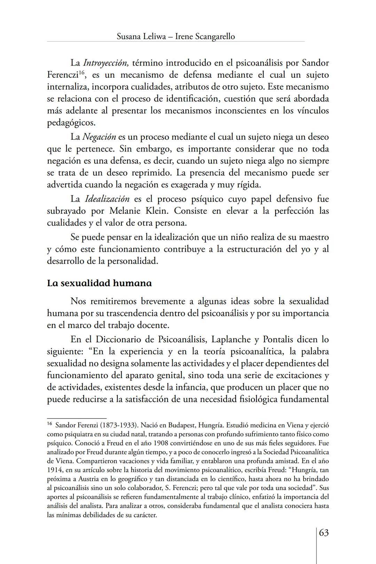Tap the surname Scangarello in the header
(214, 36)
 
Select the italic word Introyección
(106, 63)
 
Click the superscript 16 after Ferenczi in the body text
(82, 73)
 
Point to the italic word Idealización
(107, 199)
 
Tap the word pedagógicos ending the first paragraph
(71, 123)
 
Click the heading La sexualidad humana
(99, 283)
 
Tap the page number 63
(324, 533)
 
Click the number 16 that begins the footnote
(49, 424)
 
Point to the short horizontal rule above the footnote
(77, 418)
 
